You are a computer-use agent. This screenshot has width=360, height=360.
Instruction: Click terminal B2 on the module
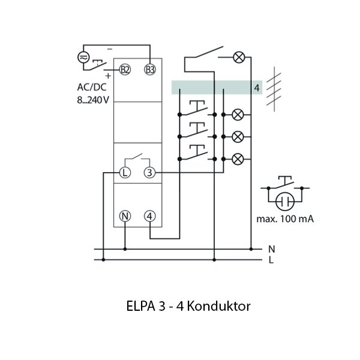click(x=125, y=70)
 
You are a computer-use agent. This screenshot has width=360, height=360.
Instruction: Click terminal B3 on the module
click(x=150, y=70)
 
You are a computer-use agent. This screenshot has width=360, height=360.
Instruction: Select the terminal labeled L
click(x=125, y=173)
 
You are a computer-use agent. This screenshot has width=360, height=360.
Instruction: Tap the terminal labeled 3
click(x=150, y=173)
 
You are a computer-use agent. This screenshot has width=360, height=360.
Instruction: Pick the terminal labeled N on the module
click(x=125, y=216)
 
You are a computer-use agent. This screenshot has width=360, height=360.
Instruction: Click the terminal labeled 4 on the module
click(x=150, y=216)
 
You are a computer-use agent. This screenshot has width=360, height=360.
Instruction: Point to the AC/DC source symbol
click(x=84, y=57)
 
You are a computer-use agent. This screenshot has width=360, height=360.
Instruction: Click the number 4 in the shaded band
click(x=256, y=88)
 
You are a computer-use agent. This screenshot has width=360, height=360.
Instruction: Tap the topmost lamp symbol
click(x=239, y=58)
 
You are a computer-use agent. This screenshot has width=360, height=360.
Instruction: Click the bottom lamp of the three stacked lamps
click(x=239, y=158)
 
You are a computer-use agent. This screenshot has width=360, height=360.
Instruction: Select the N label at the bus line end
click(x=271, y=248)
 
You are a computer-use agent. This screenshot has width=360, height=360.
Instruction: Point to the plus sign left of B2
click(x=108, y=76)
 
